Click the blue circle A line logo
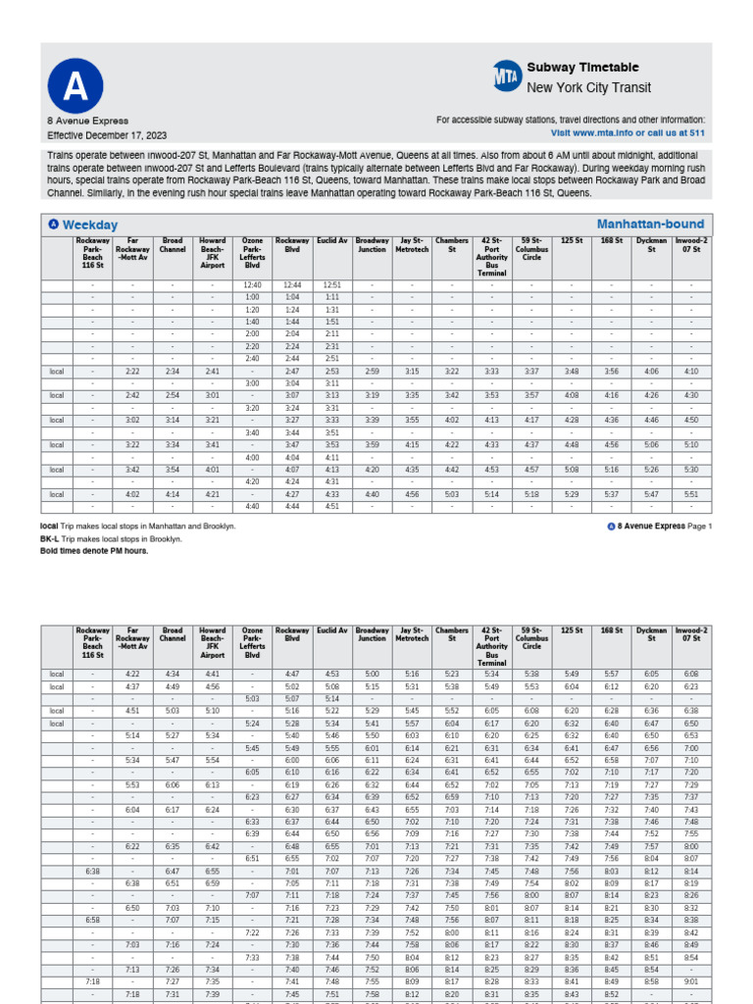(75, 87)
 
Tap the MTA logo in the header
(507, 76)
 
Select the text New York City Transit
(588, 88)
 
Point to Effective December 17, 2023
(107, 134)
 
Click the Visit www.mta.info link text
(627, 131)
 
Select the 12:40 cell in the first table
(252, 284)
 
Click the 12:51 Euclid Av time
(331, 284)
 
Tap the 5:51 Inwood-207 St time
(691, 494)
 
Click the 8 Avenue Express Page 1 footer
(660, 527)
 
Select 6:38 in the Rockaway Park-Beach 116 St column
(92, 871)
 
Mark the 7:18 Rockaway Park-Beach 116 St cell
(92, 980)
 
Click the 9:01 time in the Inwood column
(691, 980)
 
